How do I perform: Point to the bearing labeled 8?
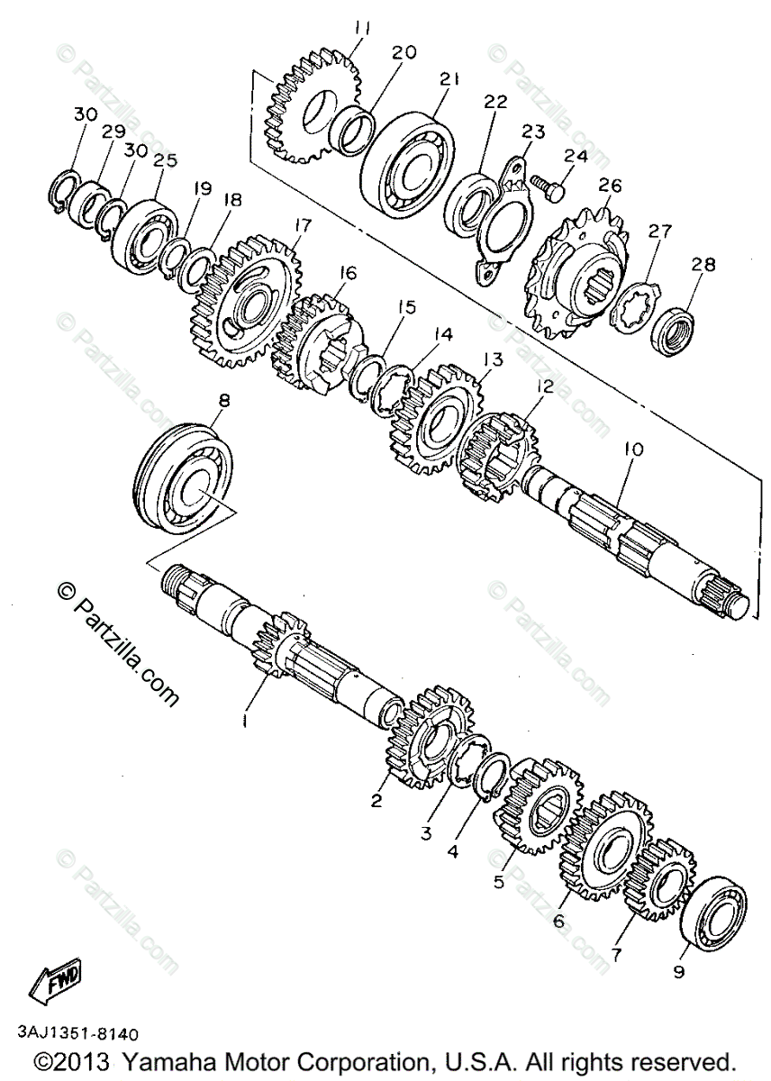pos(184,477)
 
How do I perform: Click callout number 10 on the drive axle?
pos(631,448)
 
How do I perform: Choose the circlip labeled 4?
pos(487,775)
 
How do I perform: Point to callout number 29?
pos(113,132)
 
